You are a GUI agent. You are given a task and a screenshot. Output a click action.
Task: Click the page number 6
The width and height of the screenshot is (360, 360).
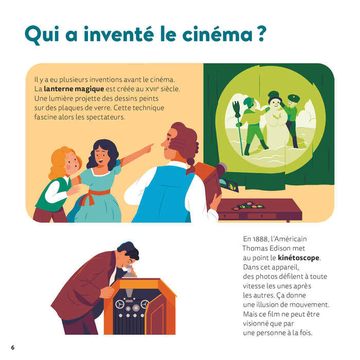(13, 347)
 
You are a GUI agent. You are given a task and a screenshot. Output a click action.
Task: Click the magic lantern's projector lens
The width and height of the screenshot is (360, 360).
(222, 168)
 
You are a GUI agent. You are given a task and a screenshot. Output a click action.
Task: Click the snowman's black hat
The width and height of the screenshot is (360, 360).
(274, 96)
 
